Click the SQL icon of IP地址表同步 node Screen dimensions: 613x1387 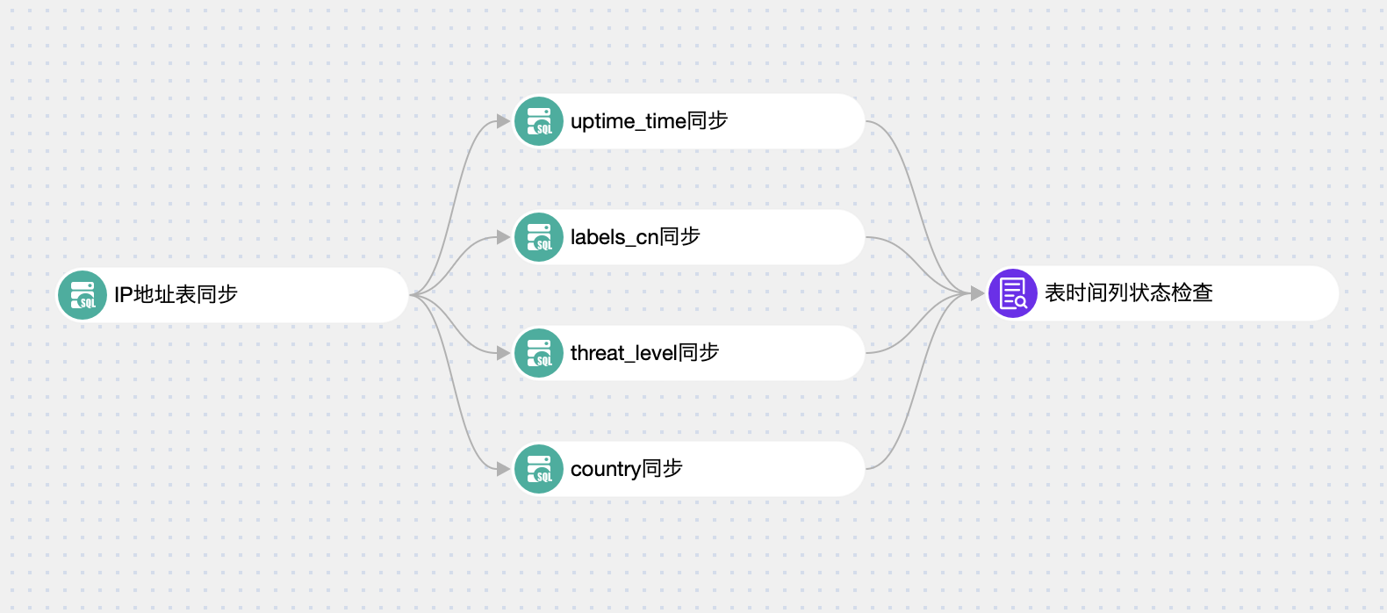pyautogui.click(x=83, y=295)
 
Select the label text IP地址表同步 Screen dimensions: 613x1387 pyautogui.click(x=176, y=295)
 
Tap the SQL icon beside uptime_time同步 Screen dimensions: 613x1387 pyautogui.click(x=539, y=121)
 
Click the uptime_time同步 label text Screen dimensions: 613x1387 pyautogui.click(x=649, y=121)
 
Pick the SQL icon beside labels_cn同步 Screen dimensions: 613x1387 pyautogui.click(x=539, y=237)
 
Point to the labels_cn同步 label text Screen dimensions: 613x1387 pyautogui.click(x=635, y=237)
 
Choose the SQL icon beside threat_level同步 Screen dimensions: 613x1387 pyautogui.click(x=539, y=353)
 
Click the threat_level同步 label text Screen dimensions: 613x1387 pyautogui.click(x=644, y=353)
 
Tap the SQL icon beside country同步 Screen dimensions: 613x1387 pyautogui.click(x=539, y=469)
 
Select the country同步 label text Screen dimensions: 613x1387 pyautogui.click(x=626, y=469)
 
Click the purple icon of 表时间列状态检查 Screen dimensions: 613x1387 pyautogui.click(x=1013, y=293)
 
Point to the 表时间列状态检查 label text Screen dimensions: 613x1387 pyautogui.click(x=1128, y=293)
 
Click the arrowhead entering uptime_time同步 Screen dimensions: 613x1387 pyautogui.click(x=503, y=121)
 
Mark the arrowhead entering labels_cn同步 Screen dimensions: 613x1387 pyautogui.click(x=503, y=237)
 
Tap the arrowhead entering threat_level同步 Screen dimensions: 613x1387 pyautogui.click(x=503, y=353)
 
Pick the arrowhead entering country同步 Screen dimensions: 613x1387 pyautogui.click(x=503, y=469)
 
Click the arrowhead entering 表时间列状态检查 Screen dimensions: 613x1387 pyautogui.click(x=977, y=293)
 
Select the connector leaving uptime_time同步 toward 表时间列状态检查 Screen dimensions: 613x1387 pyautogui.click(x=914, y=202)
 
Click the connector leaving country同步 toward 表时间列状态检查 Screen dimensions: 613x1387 pyautogui.click(x=914, y=386)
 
